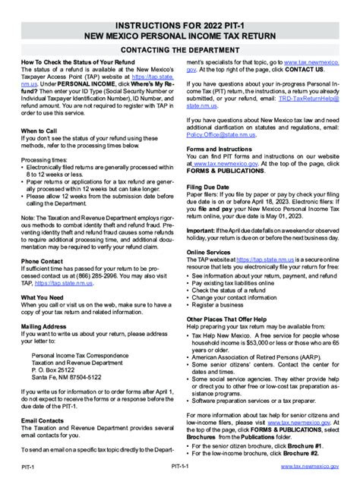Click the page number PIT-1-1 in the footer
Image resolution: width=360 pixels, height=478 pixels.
180,466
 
